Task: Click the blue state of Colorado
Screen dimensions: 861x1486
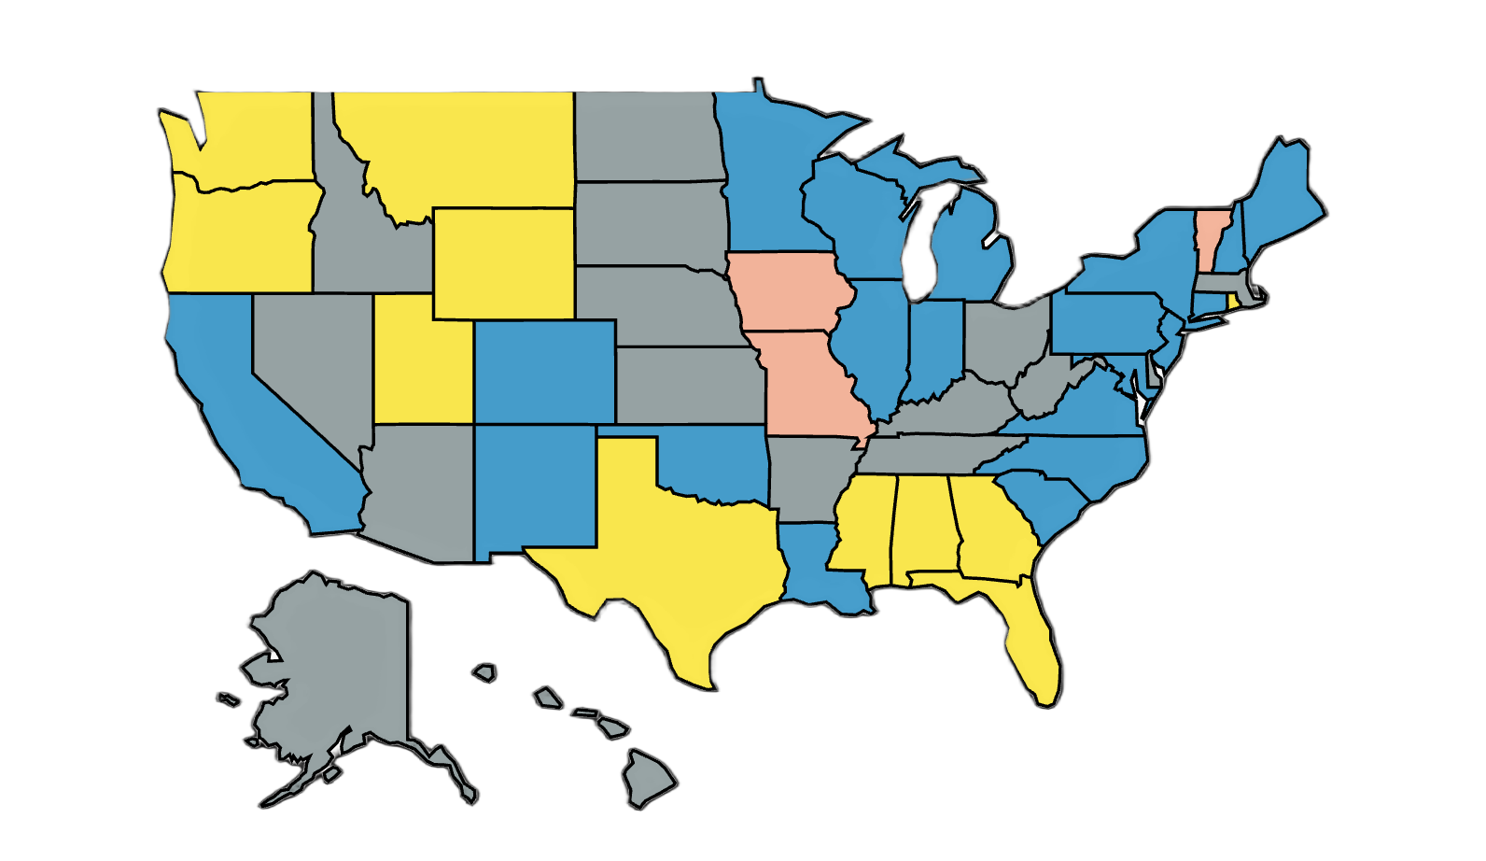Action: pos(544,372)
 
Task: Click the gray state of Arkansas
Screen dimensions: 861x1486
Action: pos(807,476)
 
